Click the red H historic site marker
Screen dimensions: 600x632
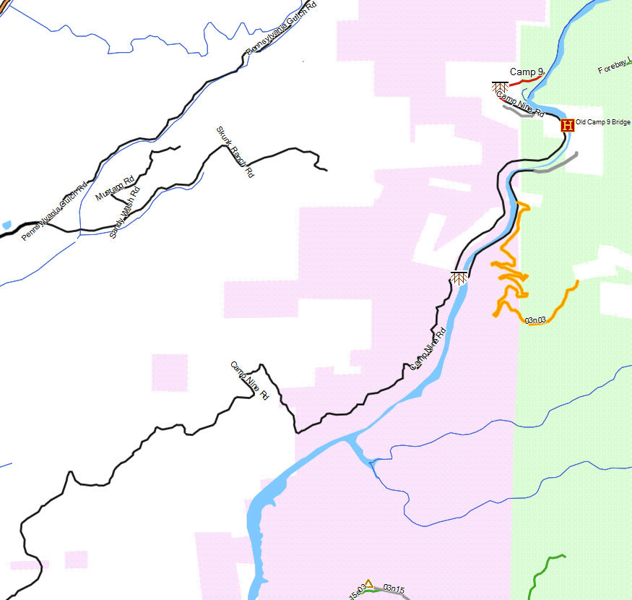click(x=567, y=125)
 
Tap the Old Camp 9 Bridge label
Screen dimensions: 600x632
click(x=603, y=123)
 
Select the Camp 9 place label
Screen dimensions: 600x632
click(x=526, y=72)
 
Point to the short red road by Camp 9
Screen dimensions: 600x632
click(x=525, y=82)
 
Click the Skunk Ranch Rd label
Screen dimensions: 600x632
click(x=235, y=152)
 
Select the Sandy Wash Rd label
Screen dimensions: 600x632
click(x=124, y=213)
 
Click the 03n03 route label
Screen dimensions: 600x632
click(x=535, y=320)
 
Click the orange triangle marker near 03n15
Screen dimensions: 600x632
click(x=368, y=583)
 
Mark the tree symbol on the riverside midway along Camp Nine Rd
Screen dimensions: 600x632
click(x=459, y=278)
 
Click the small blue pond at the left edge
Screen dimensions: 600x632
click(x=7, y=225)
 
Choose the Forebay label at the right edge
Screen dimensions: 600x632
click(x=614, y=69)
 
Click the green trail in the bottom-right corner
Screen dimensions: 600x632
click(x=542, y=575)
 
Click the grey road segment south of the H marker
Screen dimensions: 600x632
click(x=556, y=166)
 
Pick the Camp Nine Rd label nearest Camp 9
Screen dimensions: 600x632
click(x=520, y=106)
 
